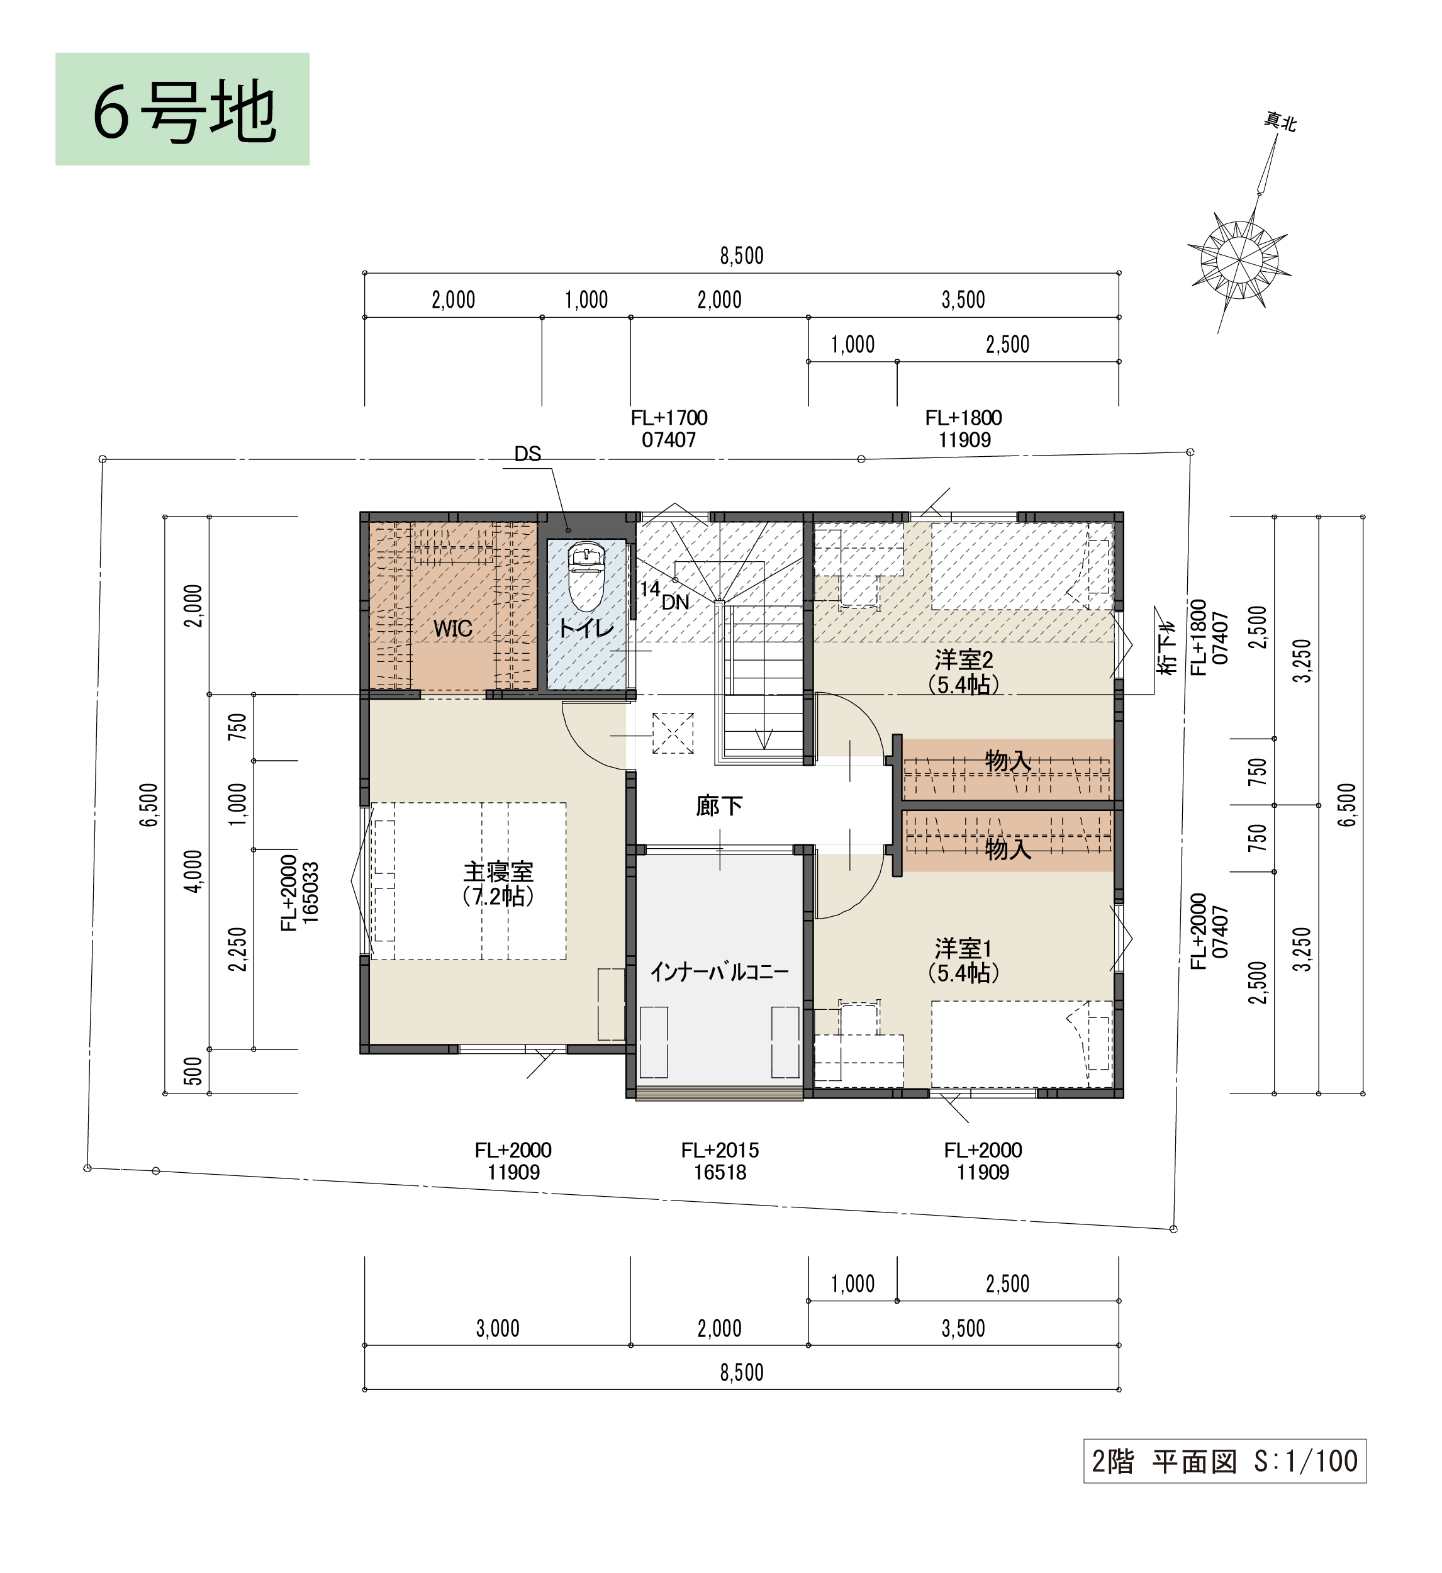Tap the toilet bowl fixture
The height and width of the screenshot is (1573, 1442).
(587, 576)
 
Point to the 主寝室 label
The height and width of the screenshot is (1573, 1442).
(498, 871)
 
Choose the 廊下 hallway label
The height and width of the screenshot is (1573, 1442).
(720, 806)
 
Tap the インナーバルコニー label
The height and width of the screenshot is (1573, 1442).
(720, 971)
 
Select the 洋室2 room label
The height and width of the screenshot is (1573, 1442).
(964, 660)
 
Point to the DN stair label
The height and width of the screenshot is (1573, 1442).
(676, 602)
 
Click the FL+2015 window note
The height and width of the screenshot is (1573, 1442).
(720, 1162)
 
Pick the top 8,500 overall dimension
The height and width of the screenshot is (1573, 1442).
(741, 256)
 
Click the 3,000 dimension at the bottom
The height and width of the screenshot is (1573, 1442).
(498, 1328)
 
